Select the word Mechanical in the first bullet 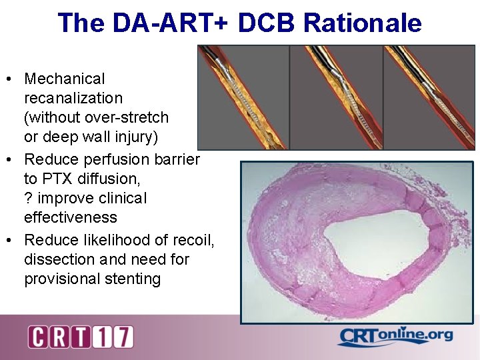pos(65,79)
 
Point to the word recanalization pos(73,99)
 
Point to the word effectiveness pos(71,217)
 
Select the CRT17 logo pos(81,337)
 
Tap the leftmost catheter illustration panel pos(243,97)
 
